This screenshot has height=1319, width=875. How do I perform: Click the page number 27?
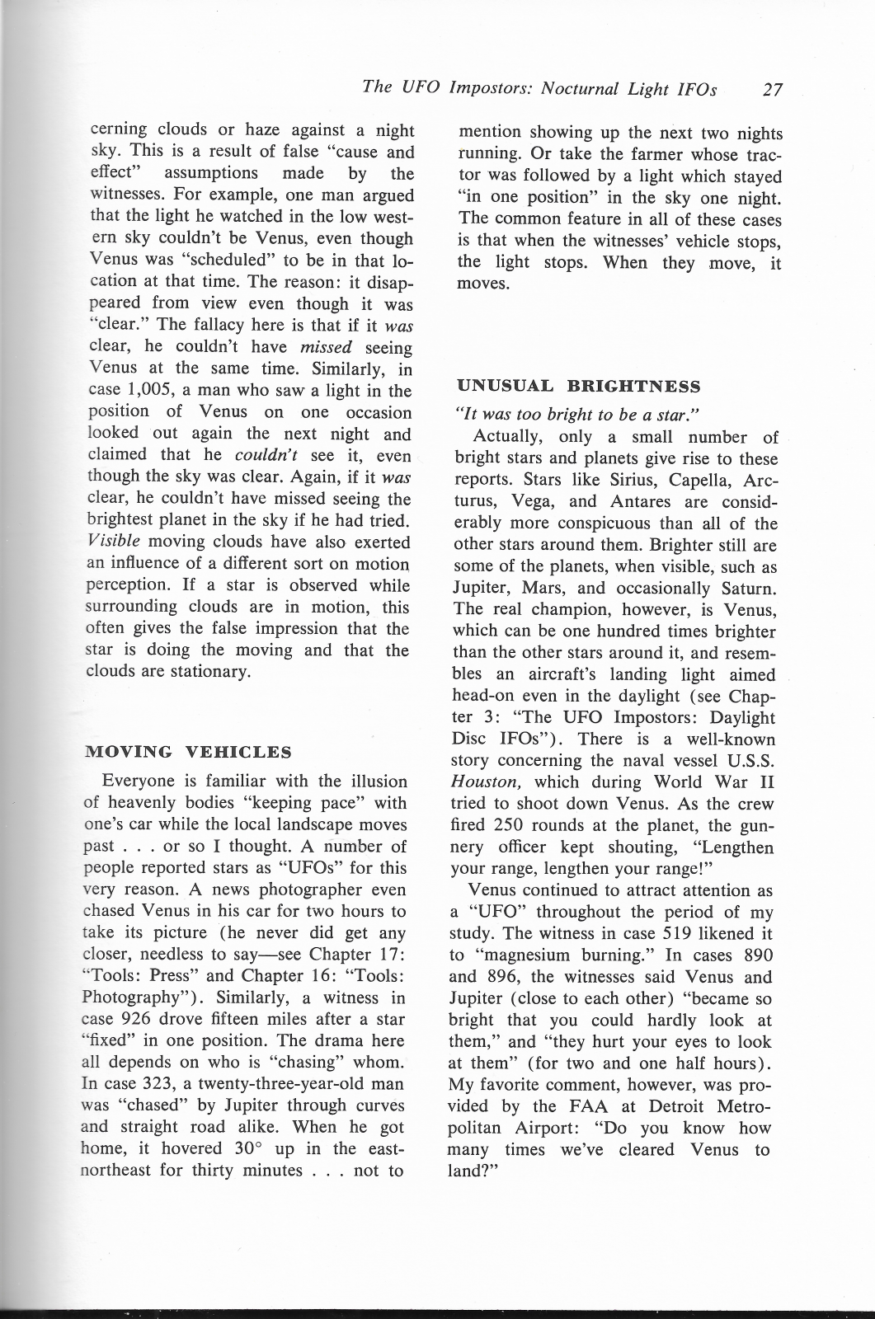772,90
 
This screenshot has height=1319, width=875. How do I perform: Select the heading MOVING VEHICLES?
189,752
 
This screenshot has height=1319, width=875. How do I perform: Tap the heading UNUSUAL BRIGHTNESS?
578,386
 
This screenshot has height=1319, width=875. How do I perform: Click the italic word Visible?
114,542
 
